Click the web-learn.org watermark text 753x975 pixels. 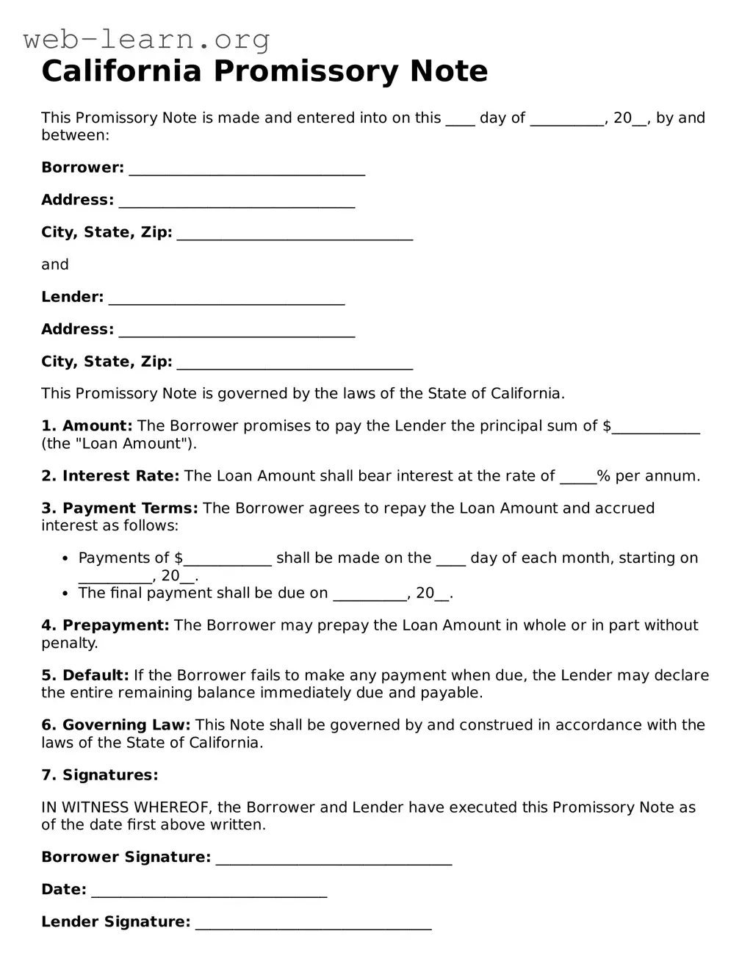tap(147, 39)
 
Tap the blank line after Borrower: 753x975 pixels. tap(247, 170)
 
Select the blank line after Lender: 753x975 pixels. tap(226, 299)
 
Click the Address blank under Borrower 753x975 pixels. tap(237, 202)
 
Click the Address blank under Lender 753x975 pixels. tap(237, 331)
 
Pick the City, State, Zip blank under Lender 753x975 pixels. tap(295, 364)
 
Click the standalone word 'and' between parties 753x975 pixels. tap(55, 265)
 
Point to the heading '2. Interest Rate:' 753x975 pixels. tap(110, 476)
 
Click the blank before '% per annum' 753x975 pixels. tap(578, 478)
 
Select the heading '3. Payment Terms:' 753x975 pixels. tap(120, 508)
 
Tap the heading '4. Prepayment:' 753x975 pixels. tap(105, 626)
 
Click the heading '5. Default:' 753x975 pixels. tap(85, 676)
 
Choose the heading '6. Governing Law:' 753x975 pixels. tap(115, 726)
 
